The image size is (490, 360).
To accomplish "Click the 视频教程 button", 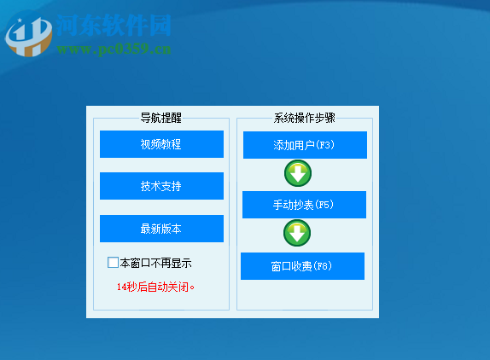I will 161,144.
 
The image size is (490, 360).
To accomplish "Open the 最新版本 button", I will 161,229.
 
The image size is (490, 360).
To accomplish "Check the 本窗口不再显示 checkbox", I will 113,263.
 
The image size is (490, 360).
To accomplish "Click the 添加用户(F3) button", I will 305,145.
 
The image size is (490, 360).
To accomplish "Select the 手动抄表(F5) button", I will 304,205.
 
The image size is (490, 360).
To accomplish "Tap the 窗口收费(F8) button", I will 302,266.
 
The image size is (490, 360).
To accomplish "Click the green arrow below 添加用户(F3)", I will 297,174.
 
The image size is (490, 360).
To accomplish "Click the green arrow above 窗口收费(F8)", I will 297,234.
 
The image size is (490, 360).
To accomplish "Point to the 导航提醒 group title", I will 161,118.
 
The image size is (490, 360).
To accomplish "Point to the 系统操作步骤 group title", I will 305,118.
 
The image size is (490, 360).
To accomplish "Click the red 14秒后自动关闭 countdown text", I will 155,287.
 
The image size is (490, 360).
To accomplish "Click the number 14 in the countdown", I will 121,287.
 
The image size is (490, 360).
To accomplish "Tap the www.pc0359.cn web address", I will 114,49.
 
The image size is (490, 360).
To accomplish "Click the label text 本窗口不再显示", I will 155,263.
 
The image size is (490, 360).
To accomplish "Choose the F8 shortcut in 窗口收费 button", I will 322,266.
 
